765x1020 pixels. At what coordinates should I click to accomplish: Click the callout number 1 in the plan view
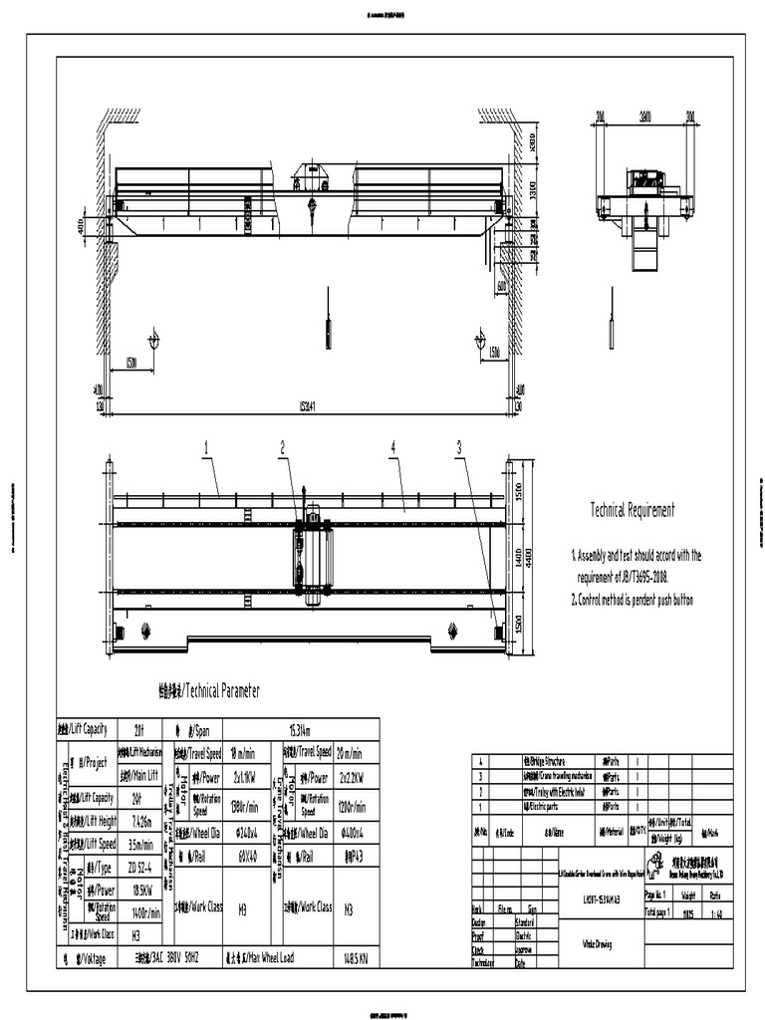tap(207, 449)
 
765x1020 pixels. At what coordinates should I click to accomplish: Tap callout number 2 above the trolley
tap(283, 448)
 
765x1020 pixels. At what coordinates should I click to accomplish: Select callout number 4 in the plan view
tap(393, 449)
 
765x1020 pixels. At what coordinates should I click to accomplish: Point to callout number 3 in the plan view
tap(459, 449)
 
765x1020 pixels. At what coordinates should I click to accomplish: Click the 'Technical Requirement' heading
tap(633, 510)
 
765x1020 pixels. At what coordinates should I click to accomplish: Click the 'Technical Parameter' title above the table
tap(209, 690)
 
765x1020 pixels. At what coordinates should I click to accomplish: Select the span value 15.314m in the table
tap(301, 729)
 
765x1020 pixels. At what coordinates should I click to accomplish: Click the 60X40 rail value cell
tap(246, 855)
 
